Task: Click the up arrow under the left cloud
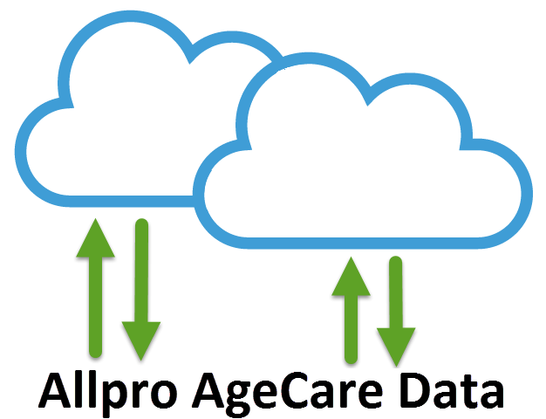[96, 288]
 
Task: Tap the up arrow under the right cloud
[351, 310]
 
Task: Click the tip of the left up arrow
[96, 222]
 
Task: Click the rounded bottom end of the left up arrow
[96, 353]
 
